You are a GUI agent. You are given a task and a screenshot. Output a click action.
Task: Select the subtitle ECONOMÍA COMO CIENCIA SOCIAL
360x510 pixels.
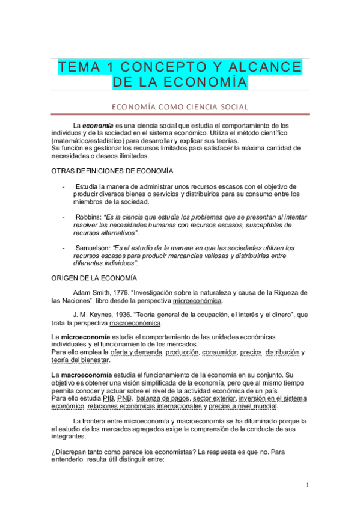click(x=180, y=107)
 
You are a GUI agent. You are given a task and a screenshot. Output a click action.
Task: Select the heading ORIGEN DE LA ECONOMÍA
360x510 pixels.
click(x=94, y=278)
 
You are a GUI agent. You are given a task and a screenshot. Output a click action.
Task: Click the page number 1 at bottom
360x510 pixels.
click(x=307, y=485)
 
